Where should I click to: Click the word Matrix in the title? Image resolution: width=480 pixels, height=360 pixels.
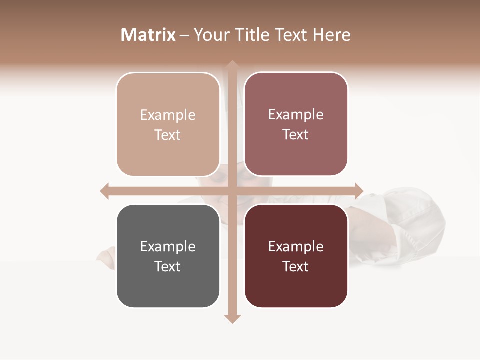coord(148,35)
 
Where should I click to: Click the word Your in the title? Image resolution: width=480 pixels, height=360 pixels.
coord(210,35)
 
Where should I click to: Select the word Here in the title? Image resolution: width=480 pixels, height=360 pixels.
coord(332,35)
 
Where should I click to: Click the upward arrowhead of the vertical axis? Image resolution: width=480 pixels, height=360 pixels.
coord(232,64)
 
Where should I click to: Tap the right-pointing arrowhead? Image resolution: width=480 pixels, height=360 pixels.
coord(359,191)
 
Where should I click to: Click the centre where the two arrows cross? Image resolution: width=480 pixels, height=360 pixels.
coord(232,191)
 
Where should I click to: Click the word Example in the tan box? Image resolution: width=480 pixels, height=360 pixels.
coord(168,115)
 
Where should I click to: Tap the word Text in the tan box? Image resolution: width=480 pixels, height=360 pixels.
coord(168,135)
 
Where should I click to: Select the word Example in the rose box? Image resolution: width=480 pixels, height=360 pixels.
coord(296,115)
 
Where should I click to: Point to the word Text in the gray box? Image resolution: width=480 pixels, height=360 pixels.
coord(168,267)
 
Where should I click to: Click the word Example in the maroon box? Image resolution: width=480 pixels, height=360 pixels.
coord(296,247)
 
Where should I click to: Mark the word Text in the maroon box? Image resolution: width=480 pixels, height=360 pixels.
coord(296,267)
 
